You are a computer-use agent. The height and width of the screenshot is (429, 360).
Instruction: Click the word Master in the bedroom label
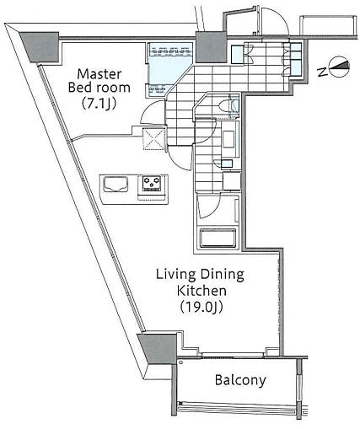click(x=99, y=74)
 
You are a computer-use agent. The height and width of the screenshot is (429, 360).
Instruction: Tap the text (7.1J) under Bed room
click(x=99, y=103)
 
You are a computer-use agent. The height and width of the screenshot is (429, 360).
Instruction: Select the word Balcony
click(x=240, y=380)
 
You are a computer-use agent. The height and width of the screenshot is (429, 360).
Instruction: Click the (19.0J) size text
click(x=201, y=307)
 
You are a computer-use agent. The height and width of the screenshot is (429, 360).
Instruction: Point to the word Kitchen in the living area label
click(x=201, y=291)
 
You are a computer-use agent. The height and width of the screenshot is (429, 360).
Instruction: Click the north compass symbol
click(x=340, y=67)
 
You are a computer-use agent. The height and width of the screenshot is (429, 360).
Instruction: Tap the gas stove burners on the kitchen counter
click(x=152, y=183)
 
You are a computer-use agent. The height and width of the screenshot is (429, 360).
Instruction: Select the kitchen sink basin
click(x=116, y=184)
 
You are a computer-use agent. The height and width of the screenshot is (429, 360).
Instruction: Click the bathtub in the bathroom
click(x=218, y=239)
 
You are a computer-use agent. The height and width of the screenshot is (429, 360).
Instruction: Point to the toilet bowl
click(x=223, y=106)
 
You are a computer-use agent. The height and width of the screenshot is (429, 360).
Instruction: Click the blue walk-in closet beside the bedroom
click(x=170, y=68)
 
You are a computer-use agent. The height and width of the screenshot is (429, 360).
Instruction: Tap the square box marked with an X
click(x=153, y=138)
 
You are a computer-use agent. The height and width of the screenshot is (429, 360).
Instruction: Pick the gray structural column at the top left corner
click(x=40, y=47)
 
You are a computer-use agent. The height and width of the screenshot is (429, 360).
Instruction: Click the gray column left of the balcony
click(x=159, y=348)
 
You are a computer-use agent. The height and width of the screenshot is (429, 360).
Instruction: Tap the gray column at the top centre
click(x=211, y=47)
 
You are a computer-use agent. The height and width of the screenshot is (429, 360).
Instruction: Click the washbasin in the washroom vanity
click(x=229, y=139)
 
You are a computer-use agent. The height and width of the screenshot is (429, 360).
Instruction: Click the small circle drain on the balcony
click(x=180, y=362)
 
